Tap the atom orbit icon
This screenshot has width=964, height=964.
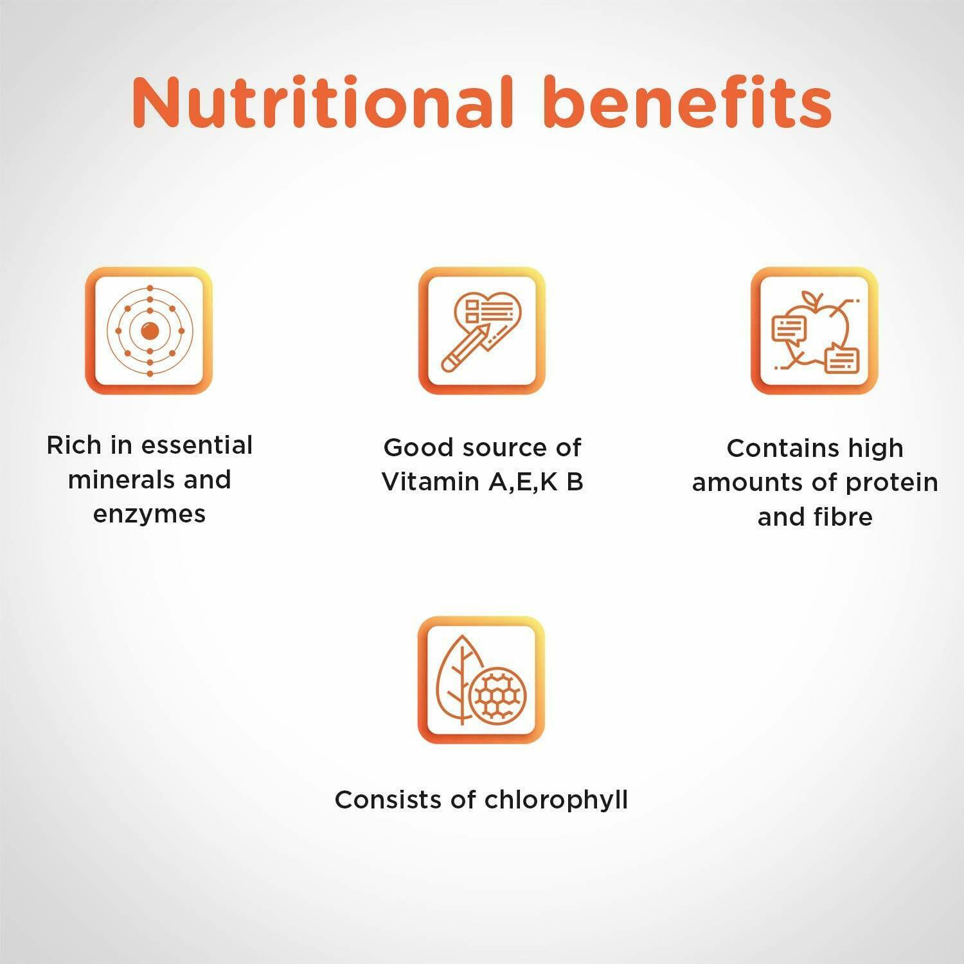click(149, 331)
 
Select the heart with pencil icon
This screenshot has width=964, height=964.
click(482, 331)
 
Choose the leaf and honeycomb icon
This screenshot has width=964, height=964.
click(481, 680)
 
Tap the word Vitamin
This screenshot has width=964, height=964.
click(431, 481)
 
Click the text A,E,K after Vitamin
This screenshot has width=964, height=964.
click(522, 482)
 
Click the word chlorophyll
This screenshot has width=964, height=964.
click(556, 800)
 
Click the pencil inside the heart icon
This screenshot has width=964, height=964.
click(465, 348)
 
